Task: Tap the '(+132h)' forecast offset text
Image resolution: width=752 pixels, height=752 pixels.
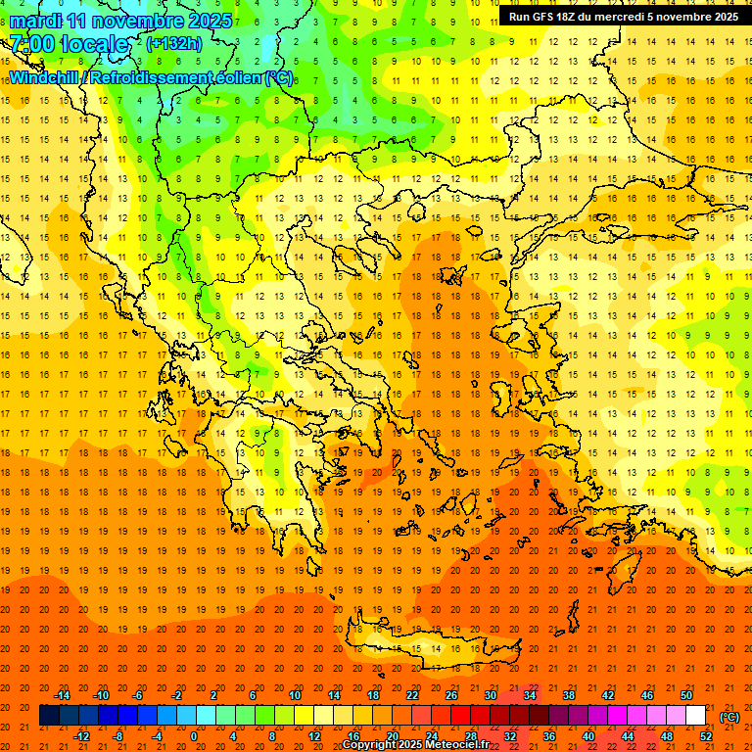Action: [173, 43]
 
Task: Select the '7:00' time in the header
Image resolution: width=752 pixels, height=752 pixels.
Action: [29, 44]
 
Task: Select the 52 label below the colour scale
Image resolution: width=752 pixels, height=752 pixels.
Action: [706, 736]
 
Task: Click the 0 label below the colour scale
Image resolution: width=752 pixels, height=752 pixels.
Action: [194, 736]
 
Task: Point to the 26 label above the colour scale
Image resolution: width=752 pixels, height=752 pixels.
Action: [451, 694]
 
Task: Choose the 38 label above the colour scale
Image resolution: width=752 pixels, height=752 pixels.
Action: [569, 694]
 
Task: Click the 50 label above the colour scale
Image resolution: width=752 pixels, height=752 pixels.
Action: [686, 694]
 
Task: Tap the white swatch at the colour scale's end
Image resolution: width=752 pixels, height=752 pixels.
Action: [696, 715]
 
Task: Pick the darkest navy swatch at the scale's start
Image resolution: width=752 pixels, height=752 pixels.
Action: [49, 715]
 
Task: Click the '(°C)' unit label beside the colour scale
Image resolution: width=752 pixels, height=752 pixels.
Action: [728, 716]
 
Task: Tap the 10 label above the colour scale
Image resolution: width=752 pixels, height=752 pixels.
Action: [295, 694]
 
